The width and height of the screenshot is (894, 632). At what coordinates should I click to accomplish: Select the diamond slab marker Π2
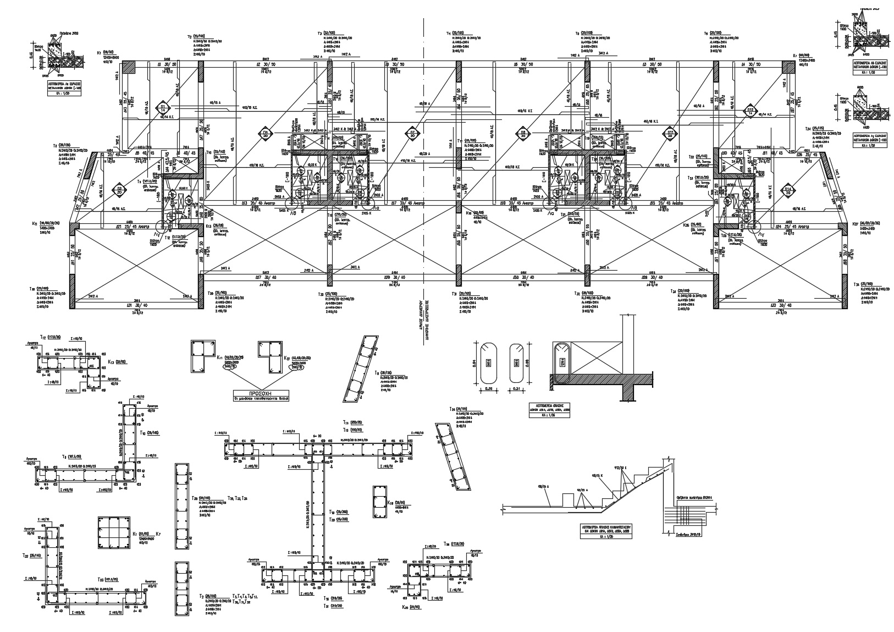(x=118, y=190)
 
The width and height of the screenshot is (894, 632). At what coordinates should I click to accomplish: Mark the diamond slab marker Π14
(x=788, y=190)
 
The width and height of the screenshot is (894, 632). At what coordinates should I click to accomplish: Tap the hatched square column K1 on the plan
(x=129, y=67)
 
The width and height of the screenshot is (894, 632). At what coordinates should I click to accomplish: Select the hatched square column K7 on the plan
(x=788, y=67)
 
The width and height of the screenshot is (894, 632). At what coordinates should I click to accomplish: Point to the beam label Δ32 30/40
(x=781, y=305)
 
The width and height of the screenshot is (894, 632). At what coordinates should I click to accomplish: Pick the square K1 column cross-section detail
(x=113, y=533)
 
